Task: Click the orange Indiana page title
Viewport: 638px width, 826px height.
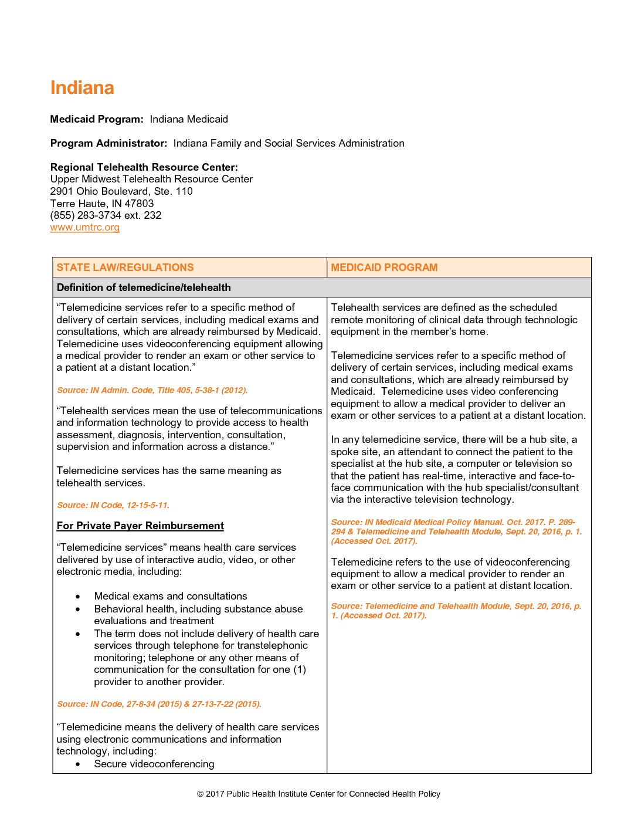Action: point(82,88)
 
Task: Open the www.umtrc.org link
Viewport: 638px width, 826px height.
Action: point(85,228)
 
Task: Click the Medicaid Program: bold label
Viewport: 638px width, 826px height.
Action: point(97,119)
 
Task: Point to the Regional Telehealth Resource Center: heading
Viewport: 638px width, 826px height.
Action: point(144,167)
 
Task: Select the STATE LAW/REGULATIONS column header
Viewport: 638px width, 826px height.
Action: point(125,268)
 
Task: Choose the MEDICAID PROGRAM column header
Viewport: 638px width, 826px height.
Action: point(384,268)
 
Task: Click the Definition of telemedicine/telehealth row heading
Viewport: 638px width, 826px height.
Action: point(144,287)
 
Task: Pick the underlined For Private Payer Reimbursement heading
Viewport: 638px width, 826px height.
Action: point(140,526)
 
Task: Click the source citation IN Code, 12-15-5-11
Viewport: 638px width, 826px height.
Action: point(113,505)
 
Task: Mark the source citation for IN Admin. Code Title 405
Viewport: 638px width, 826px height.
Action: point(152,390)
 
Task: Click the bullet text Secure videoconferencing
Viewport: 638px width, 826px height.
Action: point(154,764)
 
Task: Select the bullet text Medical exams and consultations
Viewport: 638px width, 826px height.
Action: point(171,596)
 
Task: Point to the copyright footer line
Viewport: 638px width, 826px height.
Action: point(318,794)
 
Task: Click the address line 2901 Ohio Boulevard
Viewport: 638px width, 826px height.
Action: point(121,191)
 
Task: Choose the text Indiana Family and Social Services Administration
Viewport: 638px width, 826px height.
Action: point(289,143)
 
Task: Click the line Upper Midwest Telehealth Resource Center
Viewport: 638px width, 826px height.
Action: point(151,179)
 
